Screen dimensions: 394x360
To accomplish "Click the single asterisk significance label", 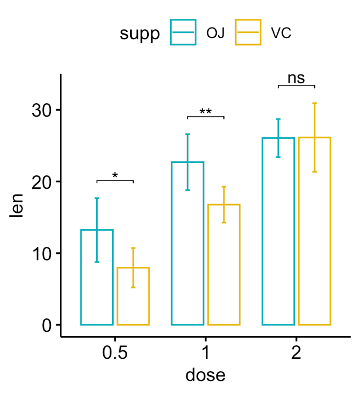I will [x=115, y=175].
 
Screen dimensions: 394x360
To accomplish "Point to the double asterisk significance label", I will [x=205, y=111].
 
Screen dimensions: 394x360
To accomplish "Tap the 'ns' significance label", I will [x=296, y=79].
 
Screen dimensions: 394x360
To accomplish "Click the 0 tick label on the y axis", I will [x=47, y=325].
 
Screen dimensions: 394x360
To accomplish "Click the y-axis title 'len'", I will [x=18, y=206].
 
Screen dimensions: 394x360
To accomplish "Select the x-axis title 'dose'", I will [x=205, y=374].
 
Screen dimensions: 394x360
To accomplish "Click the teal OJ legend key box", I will [x=184, y=32].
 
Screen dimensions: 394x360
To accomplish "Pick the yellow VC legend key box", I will [x=248, y=32].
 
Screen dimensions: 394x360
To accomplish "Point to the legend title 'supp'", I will [x=140, y=33].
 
